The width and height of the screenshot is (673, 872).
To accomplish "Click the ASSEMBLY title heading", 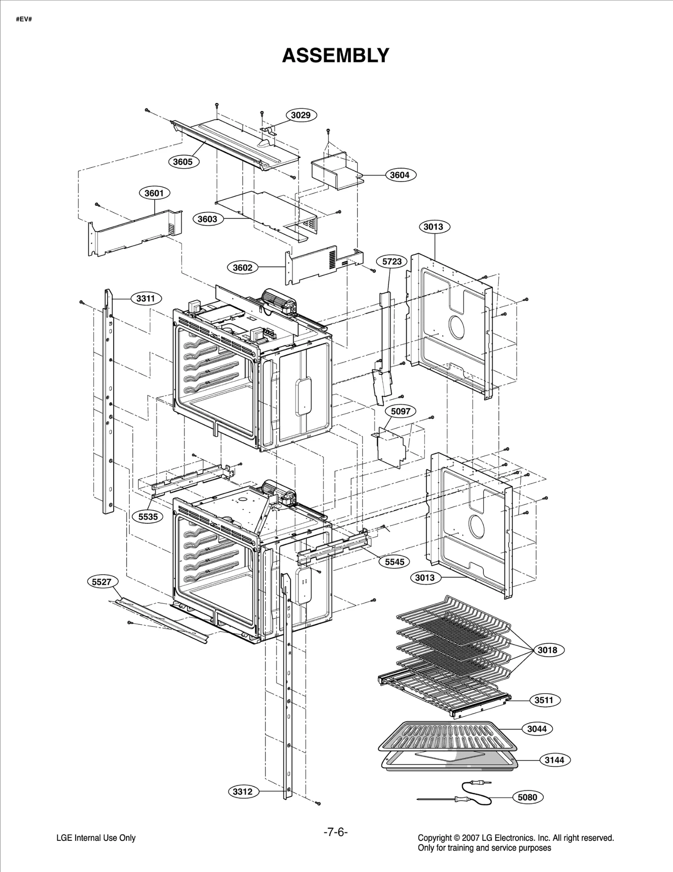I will click(335, 56).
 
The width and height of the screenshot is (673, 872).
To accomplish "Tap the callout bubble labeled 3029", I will click(301, 115).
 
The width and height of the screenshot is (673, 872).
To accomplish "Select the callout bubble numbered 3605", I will click(183, 162).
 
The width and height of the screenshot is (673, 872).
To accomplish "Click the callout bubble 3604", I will click(400, 175).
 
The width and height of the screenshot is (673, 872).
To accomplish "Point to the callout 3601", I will click(154, 193).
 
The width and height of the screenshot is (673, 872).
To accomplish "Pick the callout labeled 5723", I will click(392, 261).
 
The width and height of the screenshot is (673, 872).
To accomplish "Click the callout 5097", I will click(400, 411).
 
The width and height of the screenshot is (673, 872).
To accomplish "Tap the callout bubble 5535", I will click(148, 517).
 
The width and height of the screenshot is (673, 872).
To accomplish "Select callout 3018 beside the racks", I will click(547, 650).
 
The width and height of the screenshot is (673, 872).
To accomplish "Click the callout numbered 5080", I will click(527, 797).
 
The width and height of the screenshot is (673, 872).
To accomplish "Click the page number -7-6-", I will click(335, 832).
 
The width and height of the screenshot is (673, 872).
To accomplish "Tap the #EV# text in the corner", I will click(24, 19).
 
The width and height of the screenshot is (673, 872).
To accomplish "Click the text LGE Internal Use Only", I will click(96, 838).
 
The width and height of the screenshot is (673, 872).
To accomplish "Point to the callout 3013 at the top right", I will click(433, 227).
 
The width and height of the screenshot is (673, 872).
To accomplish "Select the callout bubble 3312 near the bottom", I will click(243, 792).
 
